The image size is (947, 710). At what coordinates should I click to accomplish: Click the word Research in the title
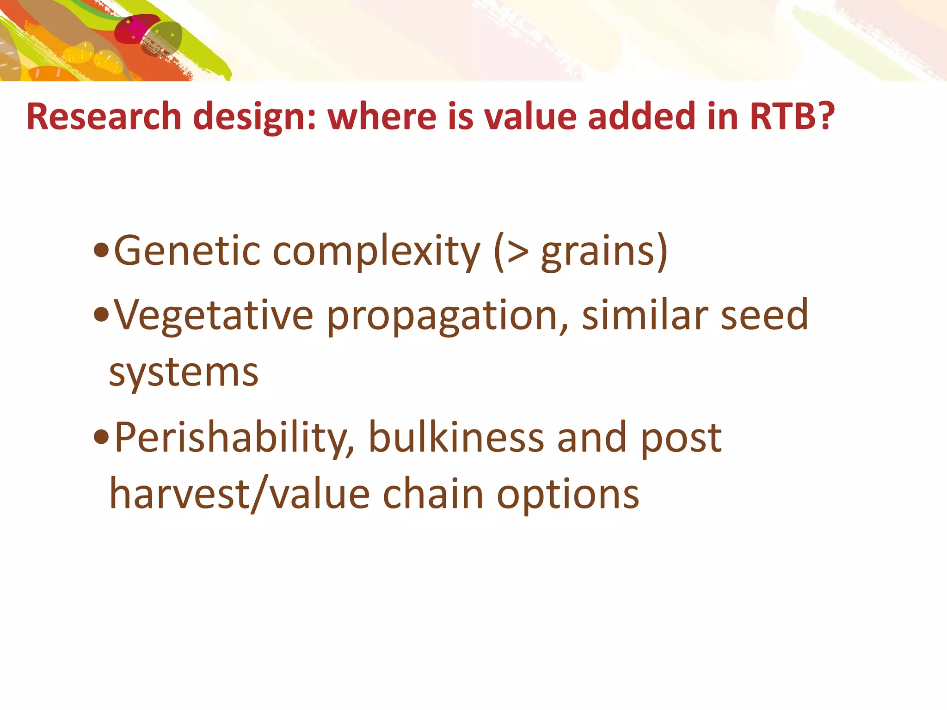(104, 116)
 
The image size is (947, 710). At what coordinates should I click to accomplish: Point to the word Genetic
(187, 251)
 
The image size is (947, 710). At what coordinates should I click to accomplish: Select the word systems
(184, 373)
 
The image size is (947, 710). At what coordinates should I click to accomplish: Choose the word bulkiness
(456, 437)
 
